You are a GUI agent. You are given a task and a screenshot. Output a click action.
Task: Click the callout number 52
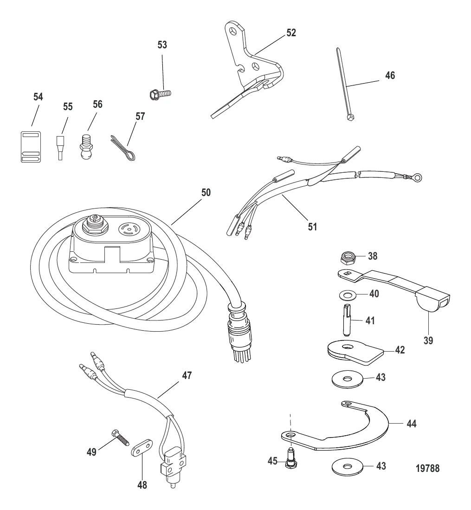pyautogui.click(x=291, y=33)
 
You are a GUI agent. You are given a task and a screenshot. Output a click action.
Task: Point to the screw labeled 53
pyautogui.click(x=160, y=94)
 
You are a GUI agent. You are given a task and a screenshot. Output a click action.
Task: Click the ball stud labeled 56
pyautogui.click(x=86, y=146)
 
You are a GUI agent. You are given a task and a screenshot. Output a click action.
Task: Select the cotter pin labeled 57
pyautogui.click(x=123, y=148)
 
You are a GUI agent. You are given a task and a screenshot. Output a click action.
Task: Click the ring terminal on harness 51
pyautogui.click(x=417, y=177)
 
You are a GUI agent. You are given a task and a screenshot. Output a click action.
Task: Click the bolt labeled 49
pyautogui.click(x=120, y=438)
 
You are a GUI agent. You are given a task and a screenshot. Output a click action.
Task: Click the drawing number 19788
pyautogui.click(x=427, y=468)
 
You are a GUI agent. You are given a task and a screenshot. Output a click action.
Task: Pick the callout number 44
pyautogui.click(x=412, y=424)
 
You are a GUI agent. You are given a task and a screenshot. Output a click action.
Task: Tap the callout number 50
pyautogui.click(x=206, y=193)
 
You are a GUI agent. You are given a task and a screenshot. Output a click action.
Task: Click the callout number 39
pyautogui.click(x=428, y=340)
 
